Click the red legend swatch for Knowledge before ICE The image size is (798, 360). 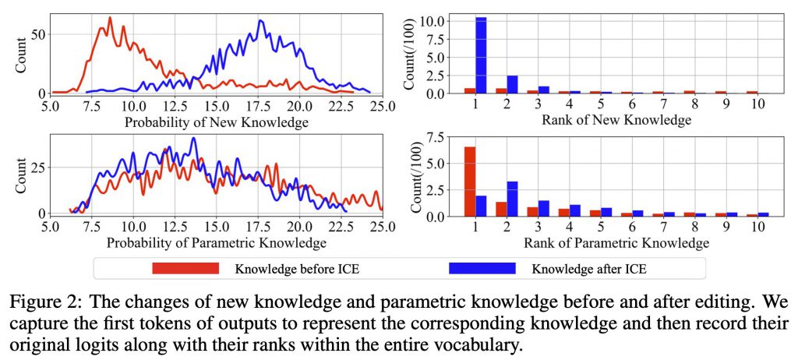185,270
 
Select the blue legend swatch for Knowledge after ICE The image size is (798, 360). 482,270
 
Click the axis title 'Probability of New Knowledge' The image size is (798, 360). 211,122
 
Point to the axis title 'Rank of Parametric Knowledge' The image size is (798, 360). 600,243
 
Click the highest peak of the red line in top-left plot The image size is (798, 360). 109,18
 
